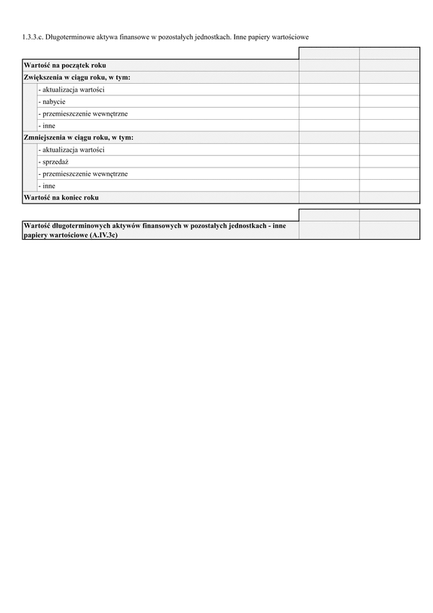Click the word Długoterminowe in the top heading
coord(71,35)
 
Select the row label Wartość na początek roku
coord(65,66)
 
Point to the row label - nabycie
coord(52,102)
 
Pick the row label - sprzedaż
coord(53,162)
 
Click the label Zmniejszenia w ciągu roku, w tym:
coord(79,137)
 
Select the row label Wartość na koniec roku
coord(61,197)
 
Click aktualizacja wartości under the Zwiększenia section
coord(72,90)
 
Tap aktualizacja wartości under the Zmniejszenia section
coord(72,149)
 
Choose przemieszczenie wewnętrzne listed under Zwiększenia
coord(84,113)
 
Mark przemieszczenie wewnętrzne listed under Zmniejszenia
coord(84,173)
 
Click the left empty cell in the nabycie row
coord(328,102)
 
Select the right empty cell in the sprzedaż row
coord(389,162)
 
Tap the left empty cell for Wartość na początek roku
coord(328,66)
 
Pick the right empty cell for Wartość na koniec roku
coord(389,197)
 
